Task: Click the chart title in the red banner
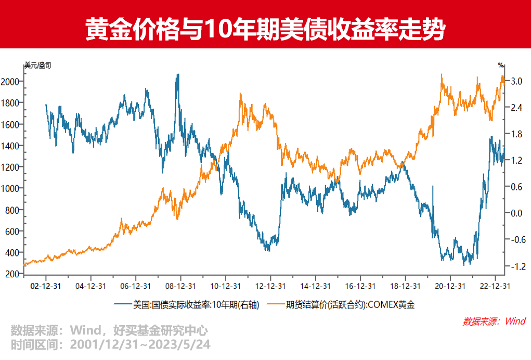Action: pos(265,30)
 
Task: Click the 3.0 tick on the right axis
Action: pos(516,82)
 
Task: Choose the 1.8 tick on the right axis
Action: pos(516,134)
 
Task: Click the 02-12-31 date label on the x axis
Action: pos(46,286)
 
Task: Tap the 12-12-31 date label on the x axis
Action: pos(270,286)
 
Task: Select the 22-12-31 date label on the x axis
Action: pos(494,286)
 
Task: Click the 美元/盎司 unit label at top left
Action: pos(38,66)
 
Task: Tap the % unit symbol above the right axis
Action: pos(500,66)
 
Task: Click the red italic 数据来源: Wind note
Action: pos(494,321)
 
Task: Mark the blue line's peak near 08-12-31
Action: pos(178,74)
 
